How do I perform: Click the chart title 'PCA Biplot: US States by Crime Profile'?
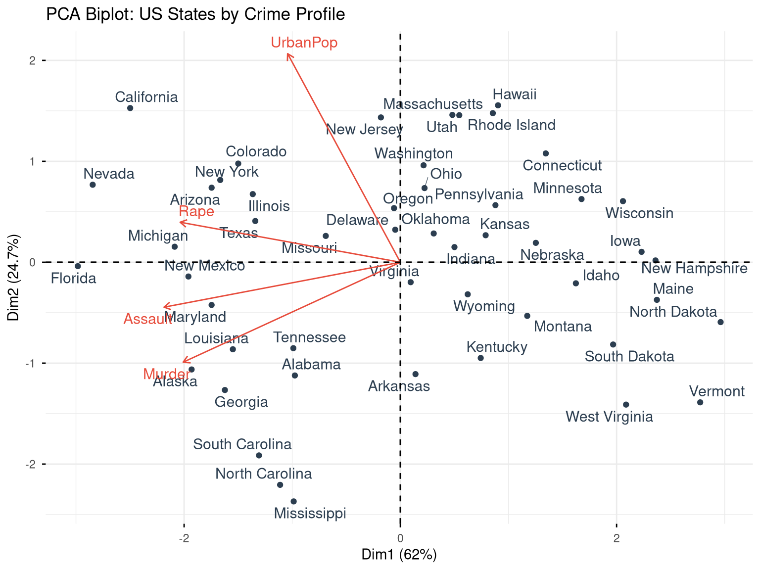tap(195, 14)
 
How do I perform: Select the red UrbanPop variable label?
tap(304, 43)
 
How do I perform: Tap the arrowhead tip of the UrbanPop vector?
tap(287, 54)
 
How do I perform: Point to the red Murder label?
tap(166, 374)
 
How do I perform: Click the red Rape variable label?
tap(196, 212)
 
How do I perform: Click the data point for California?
tap(130, 108)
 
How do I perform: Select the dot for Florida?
tap(78, 266)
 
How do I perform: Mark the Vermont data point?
tap(700, 402)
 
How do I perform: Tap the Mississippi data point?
tap(293, 501)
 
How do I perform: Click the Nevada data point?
tap(93, 185)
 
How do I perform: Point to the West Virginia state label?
tap(609, 417)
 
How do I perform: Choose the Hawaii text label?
tap(515, 95)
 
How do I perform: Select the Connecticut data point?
tap(546, 153)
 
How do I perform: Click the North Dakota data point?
tap(720, 322)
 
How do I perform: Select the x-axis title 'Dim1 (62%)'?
tap(399, 555)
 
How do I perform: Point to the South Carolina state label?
tap(242, 444)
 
